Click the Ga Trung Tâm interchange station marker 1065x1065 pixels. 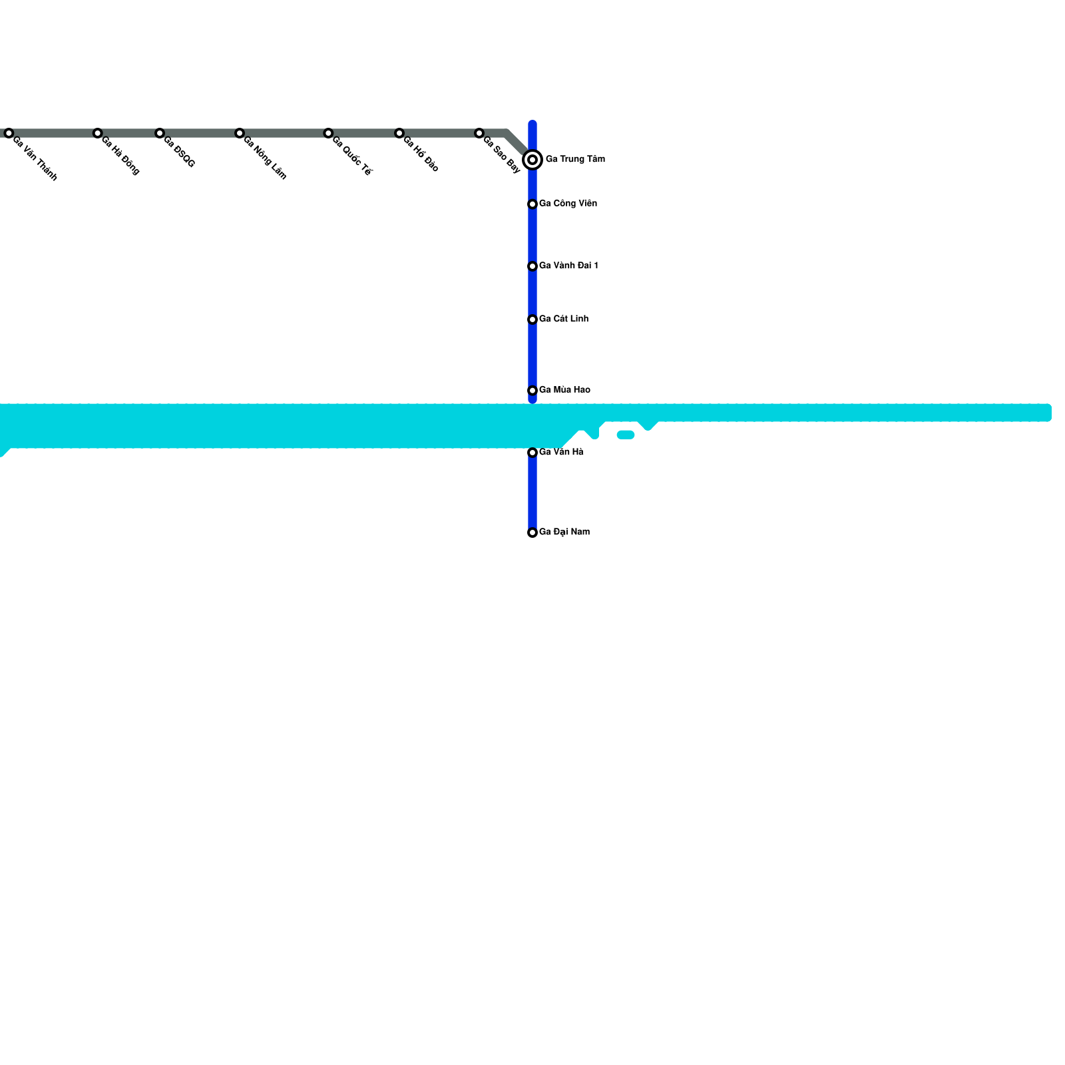(532, 160)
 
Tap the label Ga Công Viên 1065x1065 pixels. (568, 204)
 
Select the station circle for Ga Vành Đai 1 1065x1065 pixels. (532, 266)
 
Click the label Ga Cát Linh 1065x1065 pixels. (563, 319)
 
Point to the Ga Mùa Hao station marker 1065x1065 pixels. (532, 390)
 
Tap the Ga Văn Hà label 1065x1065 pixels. (561, 452)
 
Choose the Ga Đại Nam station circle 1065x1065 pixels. (532, 532)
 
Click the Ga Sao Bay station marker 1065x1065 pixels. (479, 133)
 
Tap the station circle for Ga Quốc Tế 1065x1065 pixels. (328, 133)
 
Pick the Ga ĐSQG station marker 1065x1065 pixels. (160, 133)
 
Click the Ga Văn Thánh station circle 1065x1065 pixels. (9, 133)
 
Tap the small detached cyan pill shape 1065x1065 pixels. (626, 435)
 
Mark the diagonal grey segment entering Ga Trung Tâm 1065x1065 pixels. (518, 144)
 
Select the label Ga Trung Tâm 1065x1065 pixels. (575, 159)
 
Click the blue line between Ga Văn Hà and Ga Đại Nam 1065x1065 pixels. (532, 493)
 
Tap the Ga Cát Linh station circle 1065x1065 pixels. (532, 319)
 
